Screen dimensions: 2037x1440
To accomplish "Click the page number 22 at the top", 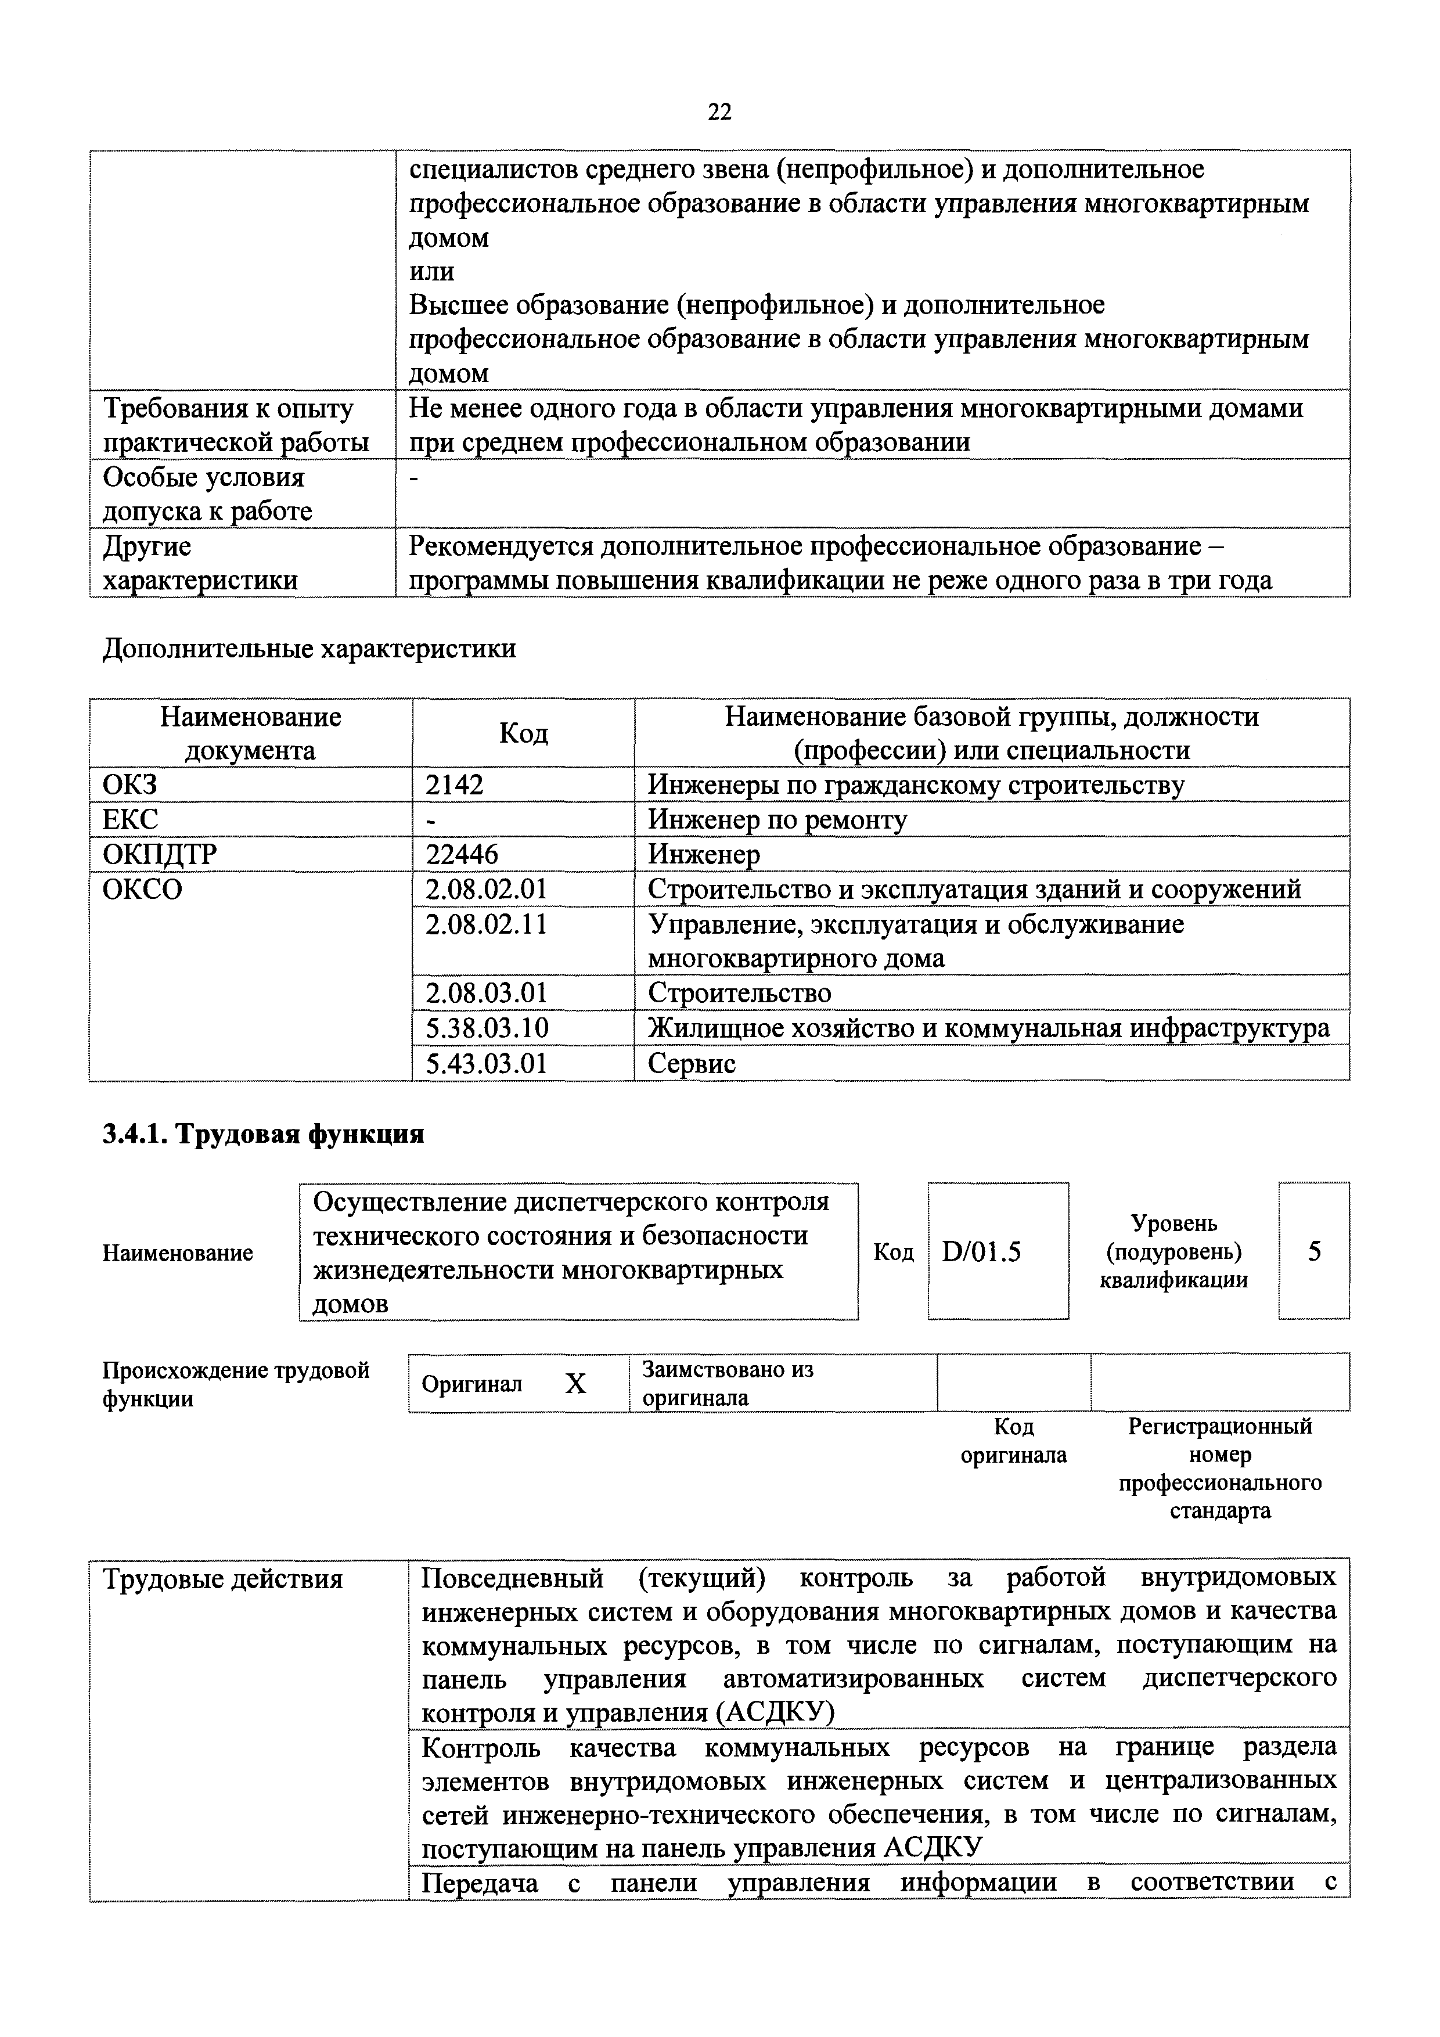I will click(719, 112).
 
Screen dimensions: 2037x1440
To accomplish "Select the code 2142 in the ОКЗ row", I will click(455, 785).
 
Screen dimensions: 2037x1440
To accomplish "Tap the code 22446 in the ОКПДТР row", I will click(462, 854).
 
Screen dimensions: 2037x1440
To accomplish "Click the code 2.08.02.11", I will click(486, 924).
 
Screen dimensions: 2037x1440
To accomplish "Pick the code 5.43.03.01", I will click(486, 1063).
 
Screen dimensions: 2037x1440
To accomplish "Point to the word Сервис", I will click(692, 1063).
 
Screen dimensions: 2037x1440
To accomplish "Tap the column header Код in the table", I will click(524, 733).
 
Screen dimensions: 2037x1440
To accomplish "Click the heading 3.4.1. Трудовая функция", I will click(264, 1134).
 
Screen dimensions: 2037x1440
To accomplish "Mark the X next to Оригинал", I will click(576, 1383).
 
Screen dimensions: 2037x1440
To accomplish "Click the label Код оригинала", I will click(1014, 1441).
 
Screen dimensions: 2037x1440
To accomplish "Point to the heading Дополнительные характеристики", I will click(309, 649).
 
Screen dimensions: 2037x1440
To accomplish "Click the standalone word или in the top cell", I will click(431, 272).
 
